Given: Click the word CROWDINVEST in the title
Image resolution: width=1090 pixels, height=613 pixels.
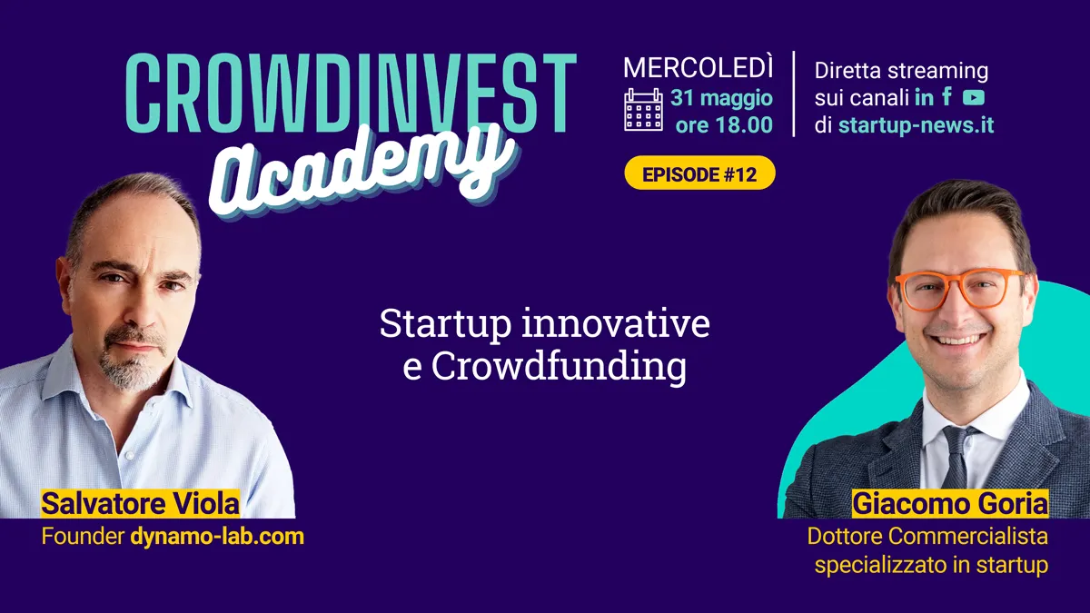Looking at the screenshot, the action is point(351,93).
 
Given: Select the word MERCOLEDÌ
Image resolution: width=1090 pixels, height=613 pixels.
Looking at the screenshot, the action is point(699,67).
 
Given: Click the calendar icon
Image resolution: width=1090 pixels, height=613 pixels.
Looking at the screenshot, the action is point(643,110).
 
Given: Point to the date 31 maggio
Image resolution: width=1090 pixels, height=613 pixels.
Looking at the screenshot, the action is point(721,98).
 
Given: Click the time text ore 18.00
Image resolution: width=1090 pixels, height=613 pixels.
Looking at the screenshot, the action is point(724,125).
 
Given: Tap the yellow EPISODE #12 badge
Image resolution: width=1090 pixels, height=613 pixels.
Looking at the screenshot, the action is point(699,173).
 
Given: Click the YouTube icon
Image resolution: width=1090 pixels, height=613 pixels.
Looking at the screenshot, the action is point(974,97).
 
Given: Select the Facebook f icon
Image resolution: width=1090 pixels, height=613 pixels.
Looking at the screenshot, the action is point(946,96).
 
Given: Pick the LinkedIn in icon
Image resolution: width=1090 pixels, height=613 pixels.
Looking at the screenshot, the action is point(924,98).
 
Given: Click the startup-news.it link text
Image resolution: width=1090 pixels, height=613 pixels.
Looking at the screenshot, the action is point(916,125).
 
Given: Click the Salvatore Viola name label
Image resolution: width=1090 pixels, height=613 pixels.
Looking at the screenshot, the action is point(140,503).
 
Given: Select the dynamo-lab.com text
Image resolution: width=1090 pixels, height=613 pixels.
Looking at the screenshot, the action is point(217,537).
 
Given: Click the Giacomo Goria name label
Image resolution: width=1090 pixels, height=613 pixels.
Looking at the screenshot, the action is point(950,503).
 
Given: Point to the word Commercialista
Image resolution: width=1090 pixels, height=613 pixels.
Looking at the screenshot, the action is point(969,537).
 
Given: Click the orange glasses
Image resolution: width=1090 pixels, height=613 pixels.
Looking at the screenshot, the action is point(961,290).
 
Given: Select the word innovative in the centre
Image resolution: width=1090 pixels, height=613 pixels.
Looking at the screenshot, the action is point(616,323).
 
